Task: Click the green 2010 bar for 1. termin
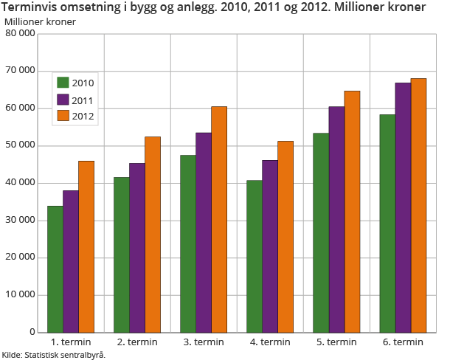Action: pos(55,269)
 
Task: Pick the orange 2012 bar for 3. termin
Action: pos(219,219)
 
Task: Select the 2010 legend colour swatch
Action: pos(63,83)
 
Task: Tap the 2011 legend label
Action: pos(83,99)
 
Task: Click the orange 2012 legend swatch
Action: pos(63,115)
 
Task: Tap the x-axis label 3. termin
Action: pos(204,342)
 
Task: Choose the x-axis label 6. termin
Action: pos(403,342)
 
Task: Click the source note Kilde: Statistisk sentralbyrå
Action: pos(54,355)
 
